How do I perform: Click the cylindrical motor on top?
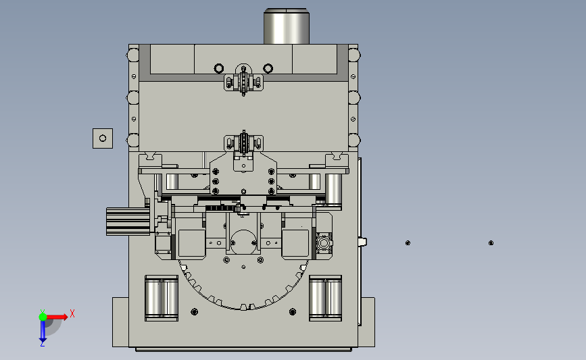click(287, 26)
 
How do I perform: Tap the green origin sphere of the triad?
click(43, 317)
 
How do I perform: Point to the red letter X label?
click(72, 313)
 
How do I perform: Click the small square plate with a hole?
click(103, 138)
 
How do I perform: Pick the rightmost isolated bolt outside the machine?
click(491, 243)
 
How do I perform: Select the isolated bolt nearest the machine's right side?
click(408, 243)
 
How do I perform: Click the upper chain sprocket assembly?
click(244, 80)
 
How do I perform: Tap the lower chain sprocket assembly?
click(244, 143)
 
